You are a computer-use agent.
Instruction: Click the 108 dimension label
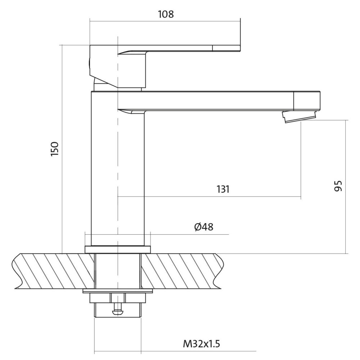(166, 14)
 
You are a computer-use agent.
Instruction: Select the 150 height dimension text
(55, 149)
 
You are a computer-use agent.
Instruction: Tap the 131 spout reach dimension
(223, 189)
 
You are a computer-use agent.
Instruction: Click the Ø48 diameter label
(204, 227)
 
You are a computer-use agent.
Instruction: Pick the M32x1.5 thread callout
(201, 344)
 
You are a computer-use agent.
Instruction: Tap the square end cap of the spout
(307, 100)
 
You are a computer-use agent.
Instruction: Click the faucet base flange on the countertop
(118, 249)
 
